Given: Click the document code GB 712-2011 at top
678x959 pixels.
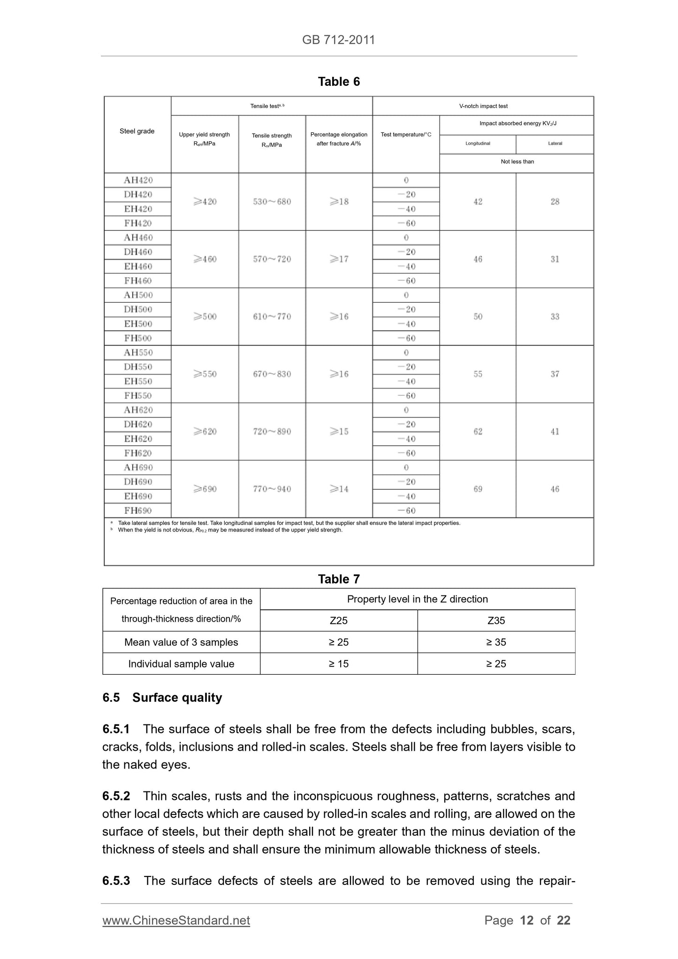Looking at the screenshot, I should (338, 40).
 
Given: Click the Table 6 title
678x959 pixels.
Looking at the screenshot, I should (338, 82).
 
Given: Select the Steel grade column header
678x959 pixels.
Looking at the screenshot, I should (137, 131).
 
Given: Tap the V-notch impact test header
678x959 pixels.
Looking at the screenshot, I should (483, 106).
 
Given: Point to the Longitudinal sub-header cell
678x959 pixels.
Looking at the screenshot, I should (478, 144).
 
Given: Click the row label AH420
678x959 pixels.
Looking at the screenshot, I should (138, 180).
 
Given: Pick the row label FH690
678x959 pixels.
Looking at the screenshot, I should (138, 510).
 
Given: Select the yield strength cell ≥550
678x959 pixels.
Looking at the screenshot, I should (205, 374).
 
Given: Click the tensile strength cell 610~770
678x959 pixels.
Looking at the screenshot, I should (272, 317).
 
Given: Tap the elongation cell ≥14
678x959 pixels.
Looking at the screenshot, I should (339, 489).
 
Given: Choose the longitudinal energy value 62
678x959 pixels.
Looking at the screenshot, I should (478, 432).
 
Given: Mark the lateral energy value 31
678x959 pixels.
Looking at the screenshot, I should (555, 259).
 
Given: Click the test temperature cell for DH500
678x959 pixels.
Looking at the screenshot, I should (406, 310).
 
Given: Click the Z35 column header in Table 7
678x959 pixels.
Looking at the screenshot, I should (496, 621).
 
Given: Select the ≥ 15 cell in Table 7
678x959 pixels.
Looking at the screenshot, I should (338, 664).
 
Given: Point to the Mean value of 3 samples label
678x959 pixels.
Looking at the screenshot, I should (181, 642).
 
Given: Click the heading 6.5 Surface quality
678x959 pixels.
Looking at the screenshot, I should (162, 698).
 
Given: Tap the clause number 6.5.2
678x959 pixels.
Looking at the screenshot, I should (116, 796).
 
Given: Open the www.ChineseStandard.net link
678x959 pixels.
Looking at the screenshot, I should (176, 921).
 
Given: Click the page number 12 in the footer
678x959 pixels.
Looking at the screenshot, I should (526, 921).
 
